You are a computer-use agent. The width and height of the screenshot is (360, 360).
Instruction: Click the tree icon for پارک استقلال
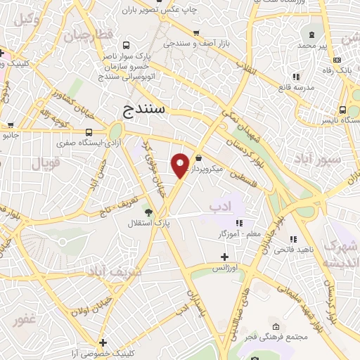click(148, 212)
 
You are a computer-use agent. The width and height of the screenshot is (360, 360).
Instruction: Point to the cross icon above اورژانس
click(224, 257)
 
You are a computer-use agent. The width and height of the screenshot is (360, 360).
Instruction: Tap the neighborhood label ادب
click(220, 206)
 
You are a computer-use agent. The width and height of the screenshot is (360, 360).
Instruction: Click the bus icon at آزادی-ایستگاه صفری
click(89, 131)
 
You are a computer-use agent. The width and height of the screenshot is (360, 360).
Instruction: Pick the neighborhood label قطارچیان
click(92, 36)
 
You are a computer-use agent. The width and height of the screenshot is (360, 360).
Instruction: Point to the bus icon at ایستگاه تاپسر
click(342, 110)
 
